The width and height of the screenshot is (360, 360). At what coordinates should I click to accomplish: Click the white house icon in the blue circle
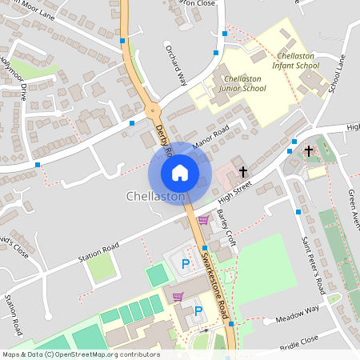coord(180,172)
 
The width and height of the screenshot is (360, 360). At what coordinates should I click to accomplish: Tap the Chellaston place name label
coord(155,196)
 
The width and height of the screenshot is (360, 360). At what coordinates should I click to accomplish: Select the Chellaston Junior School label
coord(243,84)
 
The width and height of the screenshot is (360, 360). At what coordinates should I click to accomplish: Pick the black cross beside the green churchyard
coord(308,151)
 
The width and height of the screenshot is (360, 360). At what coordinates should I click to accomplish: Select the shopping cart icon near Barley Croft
coord(202,220)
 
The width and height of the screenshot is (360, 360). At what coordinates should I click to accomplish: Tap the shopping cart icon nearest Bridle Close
coord(178,296)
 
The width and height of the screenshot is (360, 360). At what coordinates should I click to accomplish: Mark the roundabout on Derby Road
coord(150,111)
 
